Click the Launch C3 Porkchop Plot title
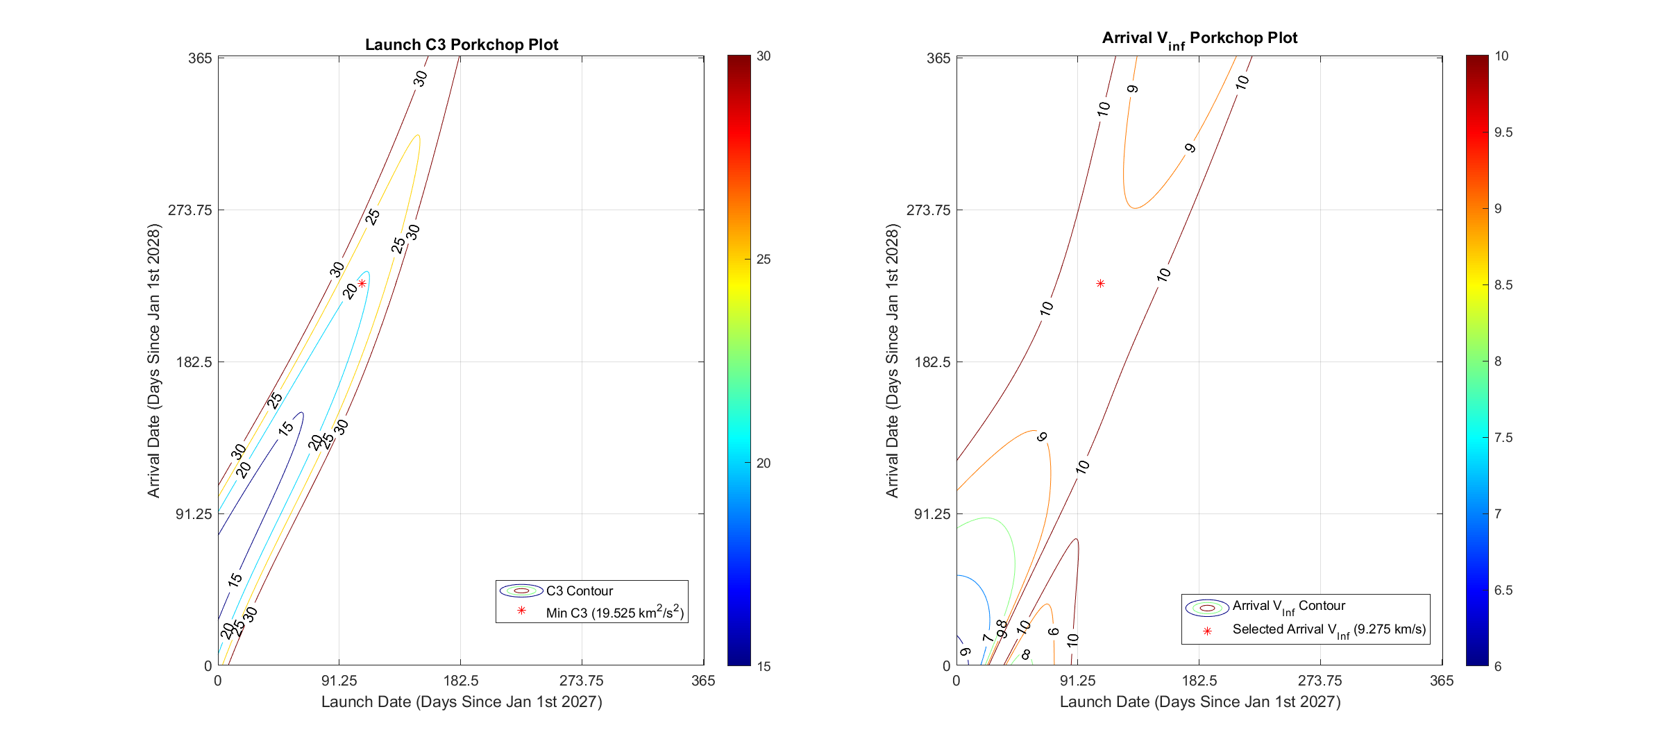pos(462,44)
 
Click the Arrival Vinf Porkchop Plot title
pos(1199,38)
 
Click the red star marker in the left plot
pos(362,283)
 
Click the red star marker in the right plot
pos(1100,283)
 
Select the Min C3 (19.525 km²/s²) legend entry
pos(614,612)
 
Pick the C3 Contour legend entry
pos(579,591)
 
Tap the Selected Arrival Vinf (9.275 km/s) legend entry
pos(1329,630)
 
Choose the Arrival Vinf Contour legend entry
pos(1288,606)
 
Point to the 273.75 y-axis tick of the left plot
pos(189,210)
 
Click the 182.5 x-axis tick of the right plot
pos(1199,681)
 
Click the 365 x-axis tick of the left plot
pos(703,681)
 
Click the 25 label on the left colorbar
pos(764,260)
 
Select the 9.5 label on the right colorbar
pos(1503,133)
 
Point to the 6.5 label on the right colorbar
pos(1503,590)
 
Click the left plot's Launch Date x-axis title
pos(462,702)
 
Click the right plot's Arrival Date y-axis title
pos(892,361)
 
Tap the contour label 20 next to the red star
pos(351,291)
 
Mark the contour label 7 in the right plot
pos(987,637)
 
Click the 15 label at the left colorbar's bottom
pos(764,667)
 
